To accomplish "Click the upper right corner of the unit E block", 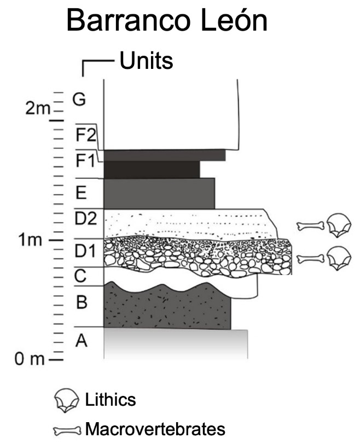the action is (214, 178).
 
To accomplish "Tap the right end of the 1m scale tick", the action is (63, 240).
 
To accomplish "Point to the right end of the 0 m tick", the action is (63, 360).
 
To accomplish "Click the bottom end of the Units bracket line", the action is (83, 76).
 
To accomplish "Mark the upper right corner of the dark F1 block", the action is (200, 161).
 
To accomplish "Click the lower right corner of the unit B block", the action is (231, 329).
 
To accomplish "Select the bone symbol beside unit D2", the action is (311, 226).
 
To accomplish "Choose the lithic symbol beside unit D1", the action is (339, 258).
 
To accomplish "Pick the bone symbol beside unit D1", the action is (310, 259).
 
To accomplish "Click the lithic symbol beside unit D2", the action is (339, 225).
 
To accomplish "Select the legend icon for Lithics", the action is (67, 400).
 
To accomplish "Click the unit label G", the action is (79, 100).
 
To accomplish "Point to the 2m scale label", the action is (38, 108).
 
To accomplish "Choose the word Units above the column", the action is (146, 61).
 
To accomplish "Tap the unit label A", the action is (82, 341).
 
